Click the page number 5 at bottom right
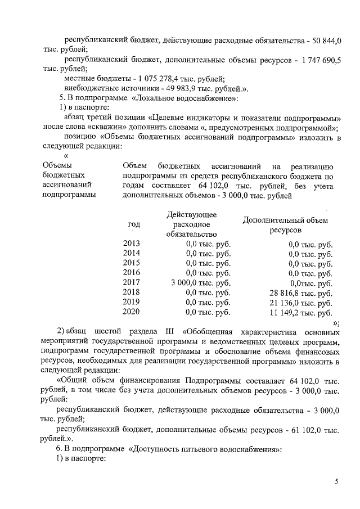point(336,482)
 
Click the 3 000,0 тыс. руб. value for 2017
point(201,282)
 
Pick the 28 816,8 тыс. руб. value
point(301,292)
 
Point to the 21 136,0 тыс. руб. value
point(301,302)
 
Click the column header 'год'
point(134,224)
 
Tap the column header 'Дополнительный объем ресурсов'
point(285,225)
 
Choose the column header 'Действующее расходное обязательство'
point(192,224)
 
